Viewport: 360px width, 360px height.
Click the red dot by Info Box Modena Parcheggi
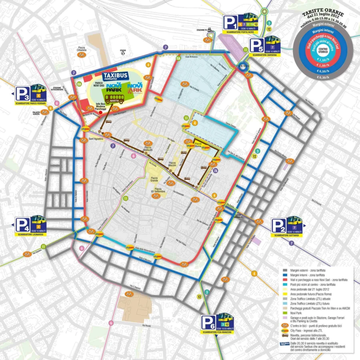pyautogui.click(x=100, y=113)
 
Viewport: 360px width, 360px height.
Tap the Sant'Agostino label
pyautogui.click(x=96, y=139)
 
